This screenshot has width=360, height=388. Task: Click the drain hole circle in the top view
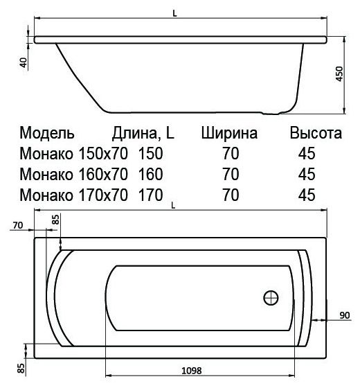click(x=271, y=299)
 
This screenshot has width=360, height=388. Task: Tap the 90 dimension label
click(x=344, y=315)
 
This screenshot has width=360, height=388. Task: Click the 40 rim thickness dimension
click(x=24, y=62)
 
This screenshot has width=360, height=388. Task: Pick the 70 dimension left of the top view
click(x=18, y=225)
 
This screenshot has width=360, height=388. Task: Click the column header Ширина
click(x=230, y=133)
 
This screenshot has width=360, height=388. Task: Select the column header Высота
click(x=316, y=133)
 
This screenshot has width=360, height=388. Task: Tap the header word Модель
click(x=47, y=133)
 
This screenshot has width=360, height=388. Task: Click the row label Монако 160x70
click(x=74, y=173)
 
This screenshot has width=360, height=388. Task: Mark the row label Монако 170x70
click(x=74, y=194)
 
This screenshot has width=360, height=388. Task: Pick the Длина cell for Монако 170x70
click(x=151, y=194)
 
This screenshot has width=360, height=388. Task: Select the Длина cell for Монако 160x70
click(x=151, y=173)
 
